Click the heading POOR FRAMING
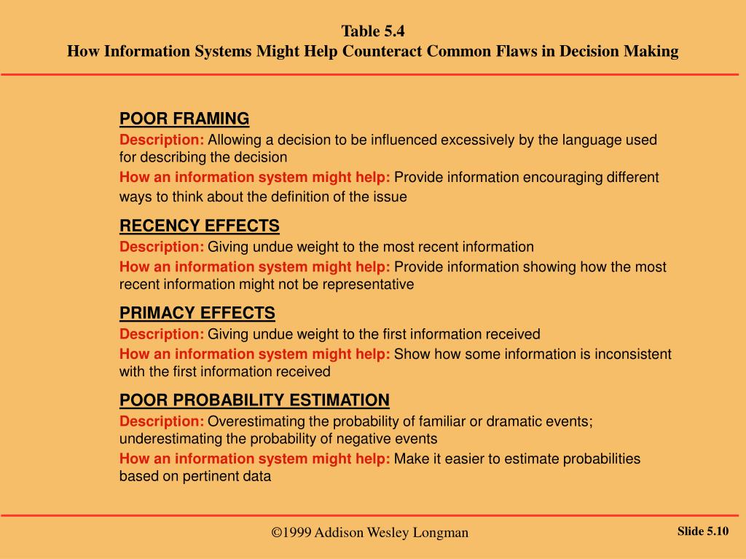tap(184, 119)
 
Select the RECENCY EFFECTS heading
tap(199, 226)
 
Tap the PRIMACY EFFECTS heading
tap(197, 313)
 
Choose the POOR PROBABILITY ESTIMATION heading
tap(254, 400)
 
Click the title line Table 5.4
tap(373, 31)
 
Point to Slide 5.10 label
tap(703, 531)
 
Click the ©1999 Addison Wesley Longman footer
tap(370, 533)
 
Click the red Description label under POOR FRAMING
tap(162, 140)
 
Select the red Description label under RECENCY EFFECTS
tap(162, 247)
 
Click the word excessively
tap(479, 140)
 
